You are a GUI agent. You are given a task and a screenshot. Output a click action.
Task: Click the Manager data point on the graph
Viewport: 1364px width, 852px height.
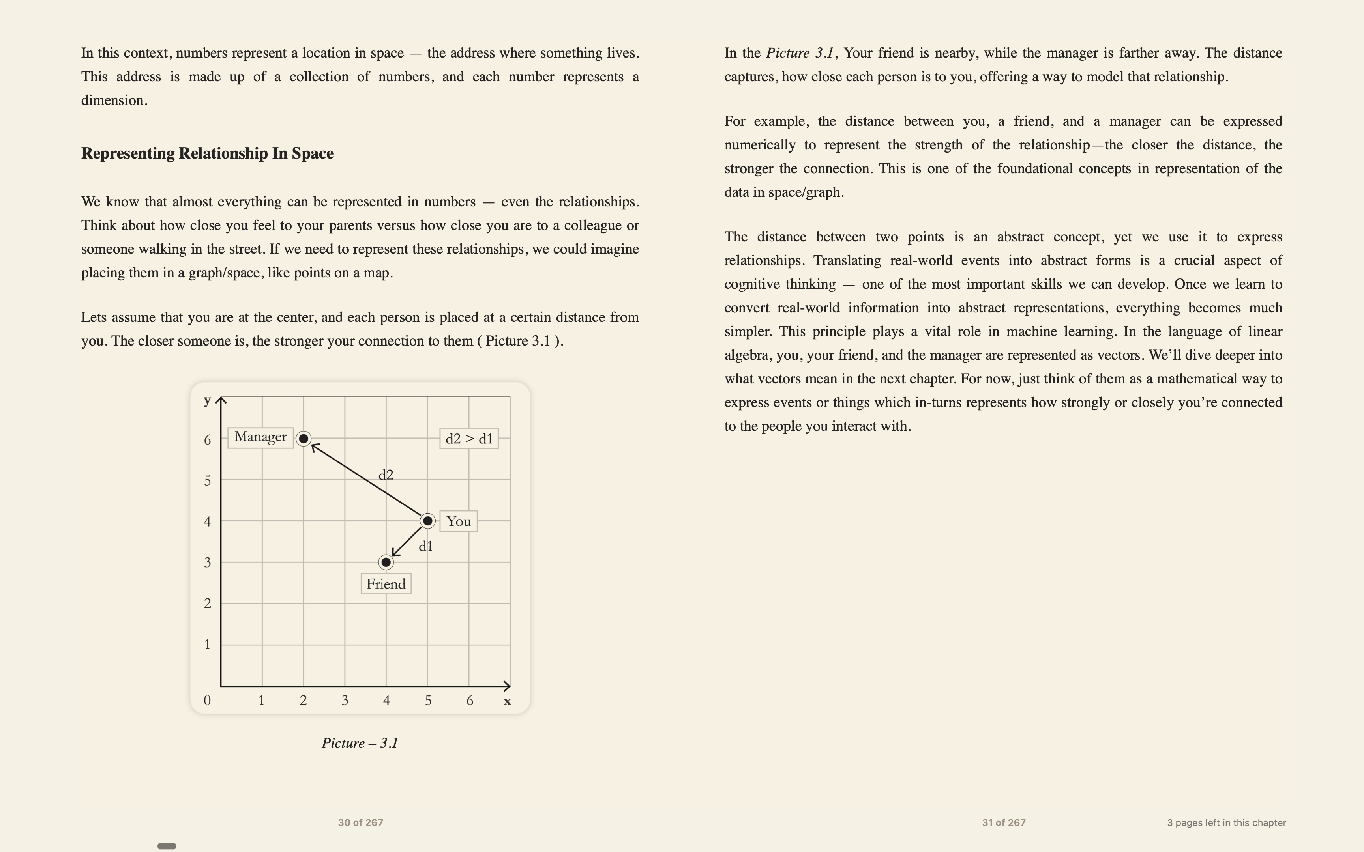pyautogui.click(x=303, y=438)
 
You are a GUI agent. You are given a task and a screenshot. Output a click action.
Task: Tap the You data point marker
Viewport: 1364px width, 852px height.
pyautogui.click(x=428, y=521)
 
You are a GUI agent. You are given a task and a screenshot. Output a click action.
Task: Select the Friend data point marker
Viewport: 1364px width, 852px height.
pyautogui.click(x=386, y=562)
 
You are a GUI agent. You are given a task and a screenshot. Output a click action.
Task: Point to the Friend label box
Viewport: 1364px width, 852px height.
pyautogui.click(x=386, y=584)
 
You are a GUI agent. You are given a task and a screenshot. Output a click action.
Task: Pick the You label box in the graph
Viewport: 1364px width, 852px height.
pyautogui.click(x=458, y=521)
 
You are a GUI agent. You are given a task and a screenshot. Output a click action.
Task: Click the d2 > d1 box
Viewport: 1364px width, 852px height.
pyautogui.click(x=469, y=438)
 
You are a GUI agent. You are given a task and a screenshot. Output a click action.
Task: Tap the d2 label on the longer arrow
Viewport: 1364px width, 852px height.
pyautogui.click(x=386, y=475)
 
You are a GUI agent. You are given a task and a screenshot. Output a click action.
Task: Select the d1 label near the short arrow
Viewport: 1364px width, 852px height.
pyautogui.click(x=425, y=546)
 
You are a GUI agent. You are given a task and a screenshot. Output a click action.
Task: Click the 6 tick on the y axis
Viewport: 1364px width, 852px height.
pyautogui.click(x=208, y=439)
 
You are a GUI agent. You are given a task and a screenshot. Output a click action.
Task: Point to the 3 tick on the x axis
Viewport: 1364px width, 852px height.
pyautogui.click(x=345, y=701)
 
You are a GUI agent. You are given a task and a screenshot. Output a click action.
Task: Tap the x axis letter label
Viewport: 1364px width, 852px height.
pyautogui.click(x=507, y=701)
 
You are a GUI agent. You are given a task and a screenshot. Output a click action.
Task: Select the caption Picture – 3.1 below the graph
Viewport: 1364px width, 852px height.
pyautogui.click(x=360, y=743)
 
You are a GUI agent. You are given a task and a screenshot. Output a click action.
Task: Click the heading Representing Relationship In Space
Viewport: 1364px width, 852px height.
pyautogui.click(x=208, y=153)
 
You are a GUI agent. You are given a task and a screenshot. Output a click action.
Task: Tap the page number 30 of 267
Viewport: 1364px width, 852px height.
pyautogui.click(x=360, y=823)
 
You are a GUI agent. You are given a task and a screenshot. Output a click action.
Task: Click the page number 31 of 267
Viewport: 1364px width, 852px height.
pyautogui.click(x=1003, y=823)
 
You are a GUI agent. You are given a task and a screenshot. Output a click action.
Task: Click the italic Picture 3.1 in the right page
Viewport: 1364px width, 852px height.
pyautogui.click(x=799, y=53)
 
